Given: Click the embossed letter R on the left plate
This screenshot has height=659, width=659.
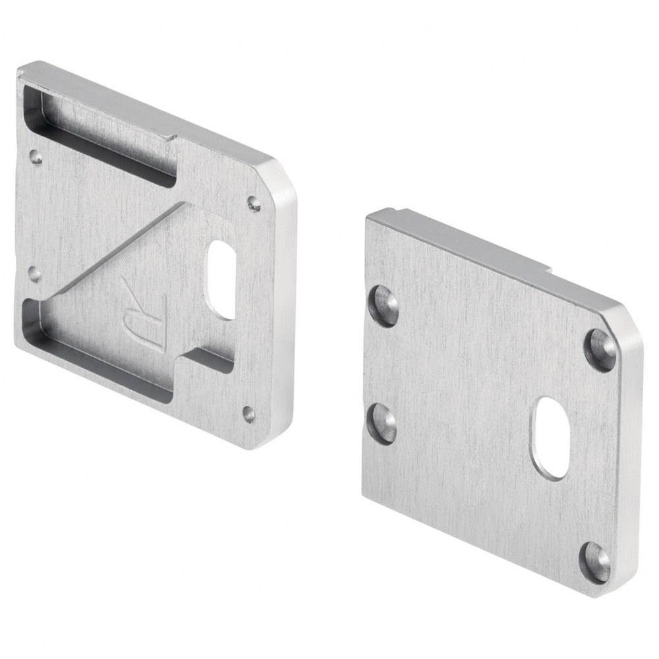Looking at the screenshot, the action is [x=144, y=312].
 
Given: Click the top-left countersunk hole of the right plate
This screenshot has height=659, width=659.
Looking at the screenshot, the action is [x=384, y=306].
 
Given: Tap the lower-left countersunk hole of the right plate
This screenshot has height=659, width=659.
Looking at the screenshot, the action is [x=382, y=423].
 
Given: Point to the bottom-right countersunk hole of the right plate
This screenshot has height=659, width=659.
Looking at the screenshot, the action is [x=595, y=562].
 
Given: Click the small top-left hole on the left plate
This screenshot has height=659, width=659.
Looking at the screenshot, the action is [x=36, y=157].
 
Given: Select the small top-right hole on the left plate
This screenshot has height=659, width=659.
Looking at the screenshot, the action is [x=254, y=203].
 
